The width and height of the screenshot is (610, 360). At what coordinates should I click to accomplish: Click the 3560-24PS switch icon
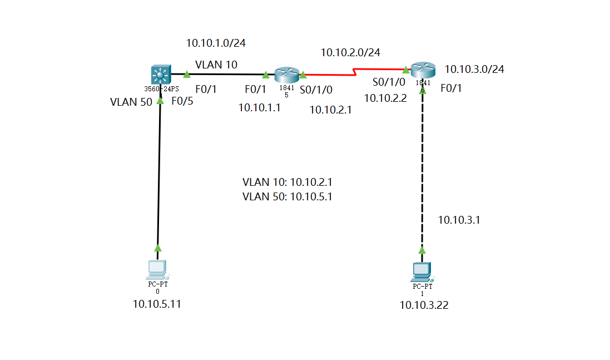[x=160, y=74]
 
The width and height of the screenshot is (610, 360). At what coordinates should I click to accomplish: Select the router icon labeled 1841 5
[x=286, y=74]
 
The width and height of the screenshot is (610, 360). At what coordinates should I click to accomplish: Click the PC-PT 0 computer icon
[x=157, y=269]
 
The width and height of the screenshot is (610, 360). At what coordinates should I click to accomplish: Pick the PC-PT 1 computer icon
[x=421, y=272]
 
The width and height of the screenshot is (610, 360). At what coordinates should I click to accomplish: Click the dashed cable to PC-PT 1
[x=422, y=167]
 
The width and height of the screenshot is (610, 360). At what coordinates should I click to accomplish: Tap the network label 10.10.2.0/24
[x=350, y=52]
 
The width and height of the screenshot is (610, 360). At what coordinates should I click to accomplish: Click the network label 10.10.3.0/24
[x=474, y=69]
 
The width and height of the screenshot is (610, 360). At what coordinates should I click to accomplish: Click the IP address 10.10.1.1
[x=259, y=108]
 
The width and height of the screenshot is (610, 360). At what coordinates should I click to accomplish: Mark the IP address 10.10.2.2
[x=385, y=98]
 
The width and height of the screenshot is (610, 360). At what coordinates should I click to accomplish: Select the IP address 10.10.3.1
[x=459, y=220]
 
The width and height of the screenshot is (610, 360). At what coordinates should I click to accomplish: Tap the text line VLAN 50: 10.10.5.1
[x=287, y=196]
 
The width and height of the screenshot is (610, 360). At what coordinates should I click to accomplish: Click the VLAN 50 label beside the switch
[x=131, y=102]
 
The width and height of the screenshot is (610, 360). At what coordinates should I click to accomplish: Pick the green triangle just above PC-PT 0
[x=157, y=248]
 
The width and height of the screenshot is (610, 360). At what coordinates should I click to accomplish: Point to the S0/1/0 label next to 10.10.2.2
[x=389, y=82]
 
